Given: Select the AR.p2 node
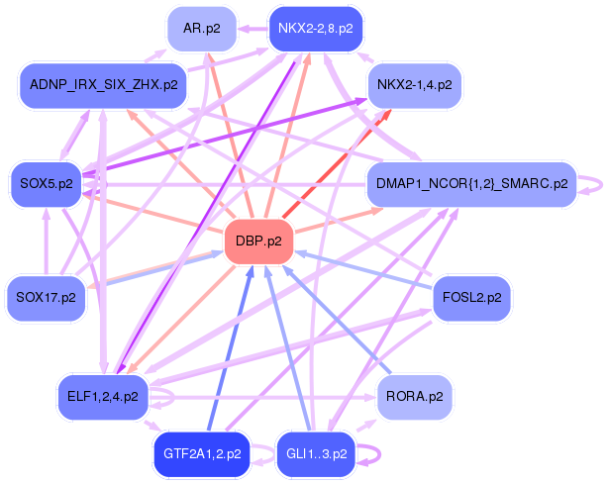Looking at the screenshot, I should point(207,30).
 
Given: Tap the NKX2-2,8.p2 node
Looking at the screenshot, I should point(315,29).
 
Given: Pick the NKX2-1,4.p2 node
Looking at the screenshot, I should point(414,85).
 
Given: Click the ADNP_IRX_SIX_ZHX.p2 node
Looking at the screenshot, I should point(103,85).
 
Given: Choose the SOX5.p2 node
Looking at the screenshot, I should point(46,183).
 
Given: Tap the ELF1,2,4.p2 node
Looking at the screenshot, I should point(103,397).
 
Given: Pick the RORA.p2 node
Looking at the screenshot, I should point(414,397).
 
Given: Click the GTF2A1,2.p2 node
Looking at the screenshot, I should point(202,454).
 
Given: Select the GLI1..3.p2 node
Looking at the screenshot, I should point(315,454).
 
